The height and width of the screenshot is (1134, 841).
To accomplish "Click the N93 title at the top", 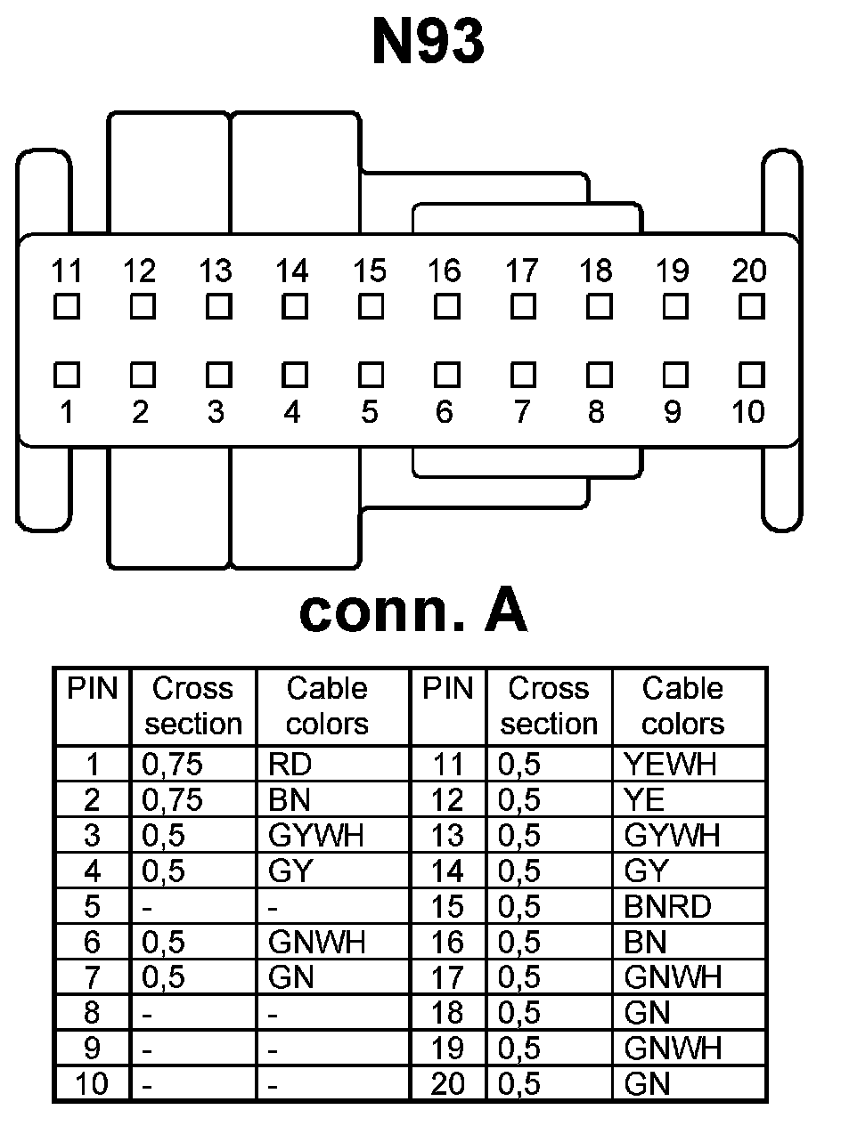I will click(428, 42).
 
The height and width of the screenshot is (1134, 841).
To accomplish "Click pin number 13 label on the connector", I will click(216, 271).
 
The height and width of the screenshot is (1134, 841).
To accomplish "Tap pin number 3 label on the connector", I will click(216, 413).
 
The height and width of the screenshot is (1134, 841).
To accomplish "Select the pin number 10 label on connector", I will click(747, 413).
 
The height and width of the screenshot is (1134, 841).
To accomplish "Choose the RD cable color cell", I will click(290, 765).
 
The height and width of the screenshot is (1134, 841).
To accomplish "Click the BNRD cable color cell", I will click(668, 907).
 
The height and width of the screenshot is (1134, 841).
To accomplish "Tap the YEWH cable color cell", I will click(671, 765).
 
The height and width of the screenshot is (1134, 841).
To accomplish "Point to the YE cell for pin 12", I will click(645, 800).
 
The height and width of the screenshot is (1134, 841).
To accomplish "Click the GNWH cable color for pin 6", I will click(316, 943).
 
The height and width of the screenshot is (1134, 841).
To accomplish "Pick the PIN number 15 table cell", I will click(447, 907).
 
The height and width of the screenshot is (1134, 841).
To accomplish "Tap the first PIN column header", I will click(93, 689).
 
